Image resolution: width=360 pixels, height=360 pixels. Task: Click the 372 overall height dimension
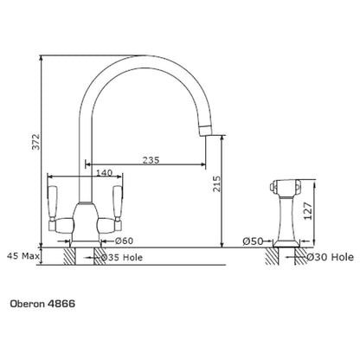point(35,141)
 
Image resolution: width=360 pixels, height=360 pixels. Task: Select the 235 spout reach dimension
point(151,160)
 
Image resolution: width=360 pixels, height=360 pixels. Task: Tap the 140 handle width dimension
point(104,173)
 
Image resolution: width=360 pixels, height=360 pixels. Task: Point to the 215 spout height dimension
point(217,183)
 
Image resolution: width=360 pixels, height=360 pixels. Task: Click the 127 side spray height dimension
point(308,211)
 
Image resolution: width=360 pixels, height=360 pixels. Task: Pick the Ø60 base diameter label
point(124,241)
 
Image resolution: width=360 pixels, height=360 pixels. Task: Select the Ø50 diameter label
point(253,241)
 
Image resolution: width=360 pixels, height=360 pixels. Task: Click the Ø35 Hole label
point(122,257)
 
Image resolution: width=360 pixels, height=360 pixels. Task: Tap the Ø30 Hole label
point(330,257)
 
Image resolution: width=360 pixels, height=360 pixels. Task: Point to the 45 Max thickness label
point(23,255)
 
